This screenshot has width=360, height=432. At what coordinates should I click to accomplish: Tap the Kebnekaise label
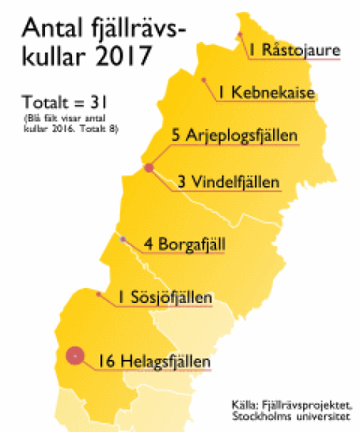[273, 92]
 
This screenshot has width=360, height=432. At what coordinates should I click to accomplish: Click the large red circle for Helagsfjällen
[73, 355]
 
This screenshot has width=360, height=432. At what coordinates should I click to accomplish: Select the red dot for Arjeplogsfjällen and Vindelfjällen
[149, 168]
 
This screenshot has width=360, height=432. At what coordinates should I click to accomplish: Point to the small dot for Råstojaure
[240, 34]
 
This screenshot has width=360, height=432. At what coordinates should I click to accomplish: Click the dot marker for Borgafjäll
[123, 239]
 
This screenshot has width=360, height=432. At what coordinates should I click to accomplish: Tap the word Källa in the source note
[245, 402]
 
